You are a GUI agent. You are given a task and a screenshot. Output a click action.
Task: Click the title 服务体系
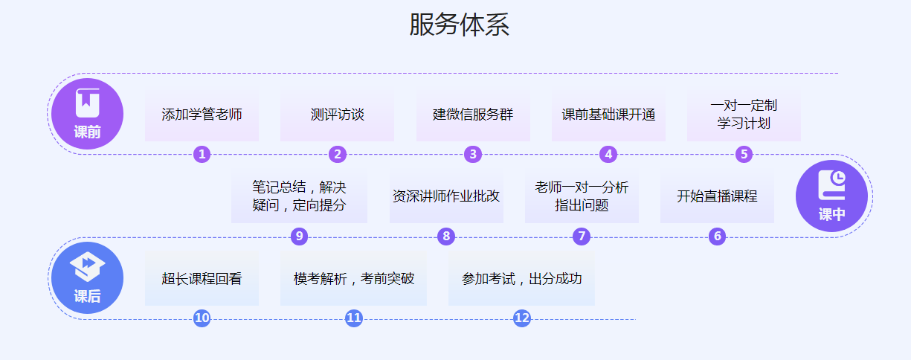tap(459, 25)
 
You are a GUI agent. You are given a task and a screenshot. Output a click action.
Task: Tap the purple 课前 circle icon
tap(87, 114)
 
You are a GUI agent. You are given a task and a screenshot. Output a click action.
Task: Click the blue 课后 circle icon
tap(87, 277)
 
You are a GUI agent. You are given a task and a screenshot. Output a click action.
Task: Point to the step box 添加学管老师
tap(202, 115)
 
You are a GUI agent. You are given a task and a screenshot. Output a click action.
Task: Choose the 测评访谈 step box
tap(337, 115)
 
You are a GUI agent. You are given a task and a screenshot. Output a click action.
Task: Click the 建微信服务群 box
tap(473, 115)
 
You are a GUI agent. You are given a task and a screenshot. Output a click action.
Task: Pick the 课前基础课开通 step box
tap(608, 115)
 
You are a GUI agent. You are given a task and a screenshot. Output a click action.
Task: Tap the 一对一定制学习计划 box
tap(744, 115)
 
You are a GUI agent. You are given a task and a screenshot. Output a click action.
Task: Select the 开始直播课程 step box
tap(717, 197)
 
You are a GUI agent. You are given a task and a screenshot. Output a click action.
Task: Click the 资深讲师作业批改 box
tap(446, 197)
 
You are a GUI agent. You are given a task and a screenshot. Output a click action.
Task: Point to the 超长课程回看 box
tap(202, 279)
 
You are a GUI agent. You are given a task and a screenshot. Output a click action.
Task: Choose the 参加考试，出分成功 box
tap(521, 279)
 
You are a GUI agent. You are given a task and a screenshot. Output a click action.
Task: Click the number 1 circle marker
tap(202, 155)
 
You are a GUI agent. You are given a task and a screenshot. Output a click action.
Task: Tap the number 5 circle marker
tap(744, 155)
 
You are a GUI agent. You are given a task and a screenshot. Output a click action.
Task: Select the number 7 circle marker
tap(582, 237)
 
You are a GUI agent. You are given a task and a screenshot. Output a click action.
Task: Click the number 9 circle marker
tap(299, 237)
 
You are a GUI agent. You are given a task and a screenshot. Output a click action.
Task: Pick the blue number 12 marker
tap(522, 318)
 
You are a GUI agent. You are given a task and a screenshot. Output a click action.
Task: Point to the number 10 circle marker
tap(202, 318)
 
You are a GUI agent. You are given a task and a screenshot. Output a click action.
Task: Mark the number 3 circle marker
tap(473, 155)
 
